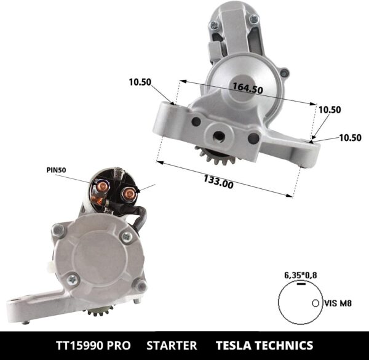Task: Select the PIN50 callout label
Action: pos(56,169)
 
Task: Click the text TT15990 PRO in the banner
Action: pos(95,345)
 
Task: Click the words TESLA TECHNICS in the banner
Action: pos(264,345)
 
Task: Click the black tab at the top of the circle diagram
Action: pos(300,284)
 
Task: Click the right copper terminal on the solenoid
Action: pos(129,196)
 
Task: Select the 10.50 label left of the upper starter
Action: pos(140,82)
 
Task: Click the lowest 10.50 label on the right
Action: pos(350,137)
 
